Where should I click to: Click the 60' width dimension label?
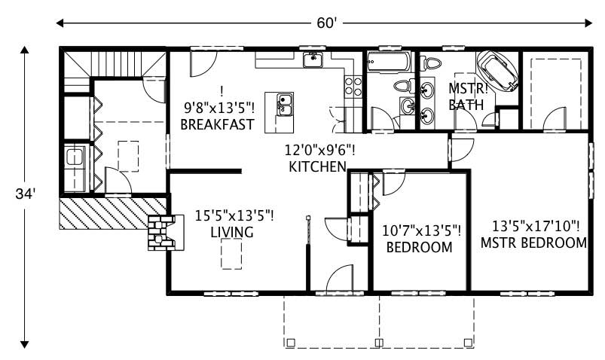point(325,23)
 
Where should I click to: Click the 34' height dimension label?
point(25,194)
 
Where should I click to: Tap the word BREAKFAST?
point(217,124)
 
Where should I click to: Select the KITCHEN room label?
point(317,166)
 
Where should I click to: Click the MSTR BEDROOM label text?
point(533,243)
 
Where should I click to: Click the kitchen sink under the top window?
point(313,59)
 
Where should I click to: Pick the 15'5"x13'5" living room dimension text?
point(234,216)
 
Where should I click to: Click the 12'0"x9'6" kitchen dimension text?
point(319,150)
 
